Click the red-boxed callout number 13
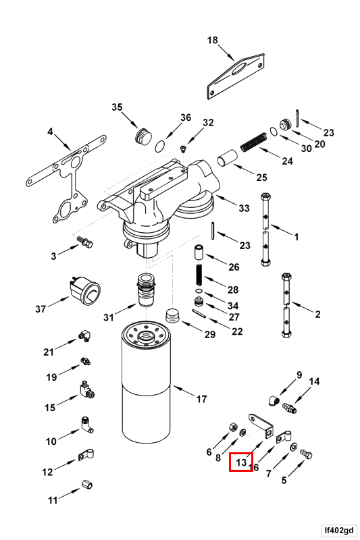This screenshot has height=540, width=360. pos(241,462)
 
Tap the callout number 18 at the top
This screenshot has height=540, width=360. pos(212,40)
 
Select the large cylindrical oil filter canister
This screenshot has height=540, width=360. pos(146,383)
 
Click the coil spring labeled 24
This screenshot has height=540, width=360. pos(253,142)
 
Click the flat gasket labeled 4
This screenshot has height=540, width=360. pos(67,178)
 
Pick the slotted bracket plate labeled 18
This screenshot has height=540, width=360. pos(236,76)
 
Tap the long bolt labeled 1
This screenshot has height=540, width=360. pos(265,230)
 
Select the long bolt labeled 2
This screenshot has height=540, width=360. pos(286,305)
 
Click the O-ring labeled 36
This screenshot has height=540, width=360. pos(159,146)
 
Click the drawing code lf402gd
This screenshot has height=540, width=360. pos(339,530)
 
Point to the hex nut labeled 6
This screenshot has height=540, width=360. pos(232,427)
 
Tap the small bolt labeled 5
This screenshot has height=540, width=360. pos(306,454)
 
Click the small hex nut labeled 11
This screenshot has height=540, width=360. pos(87,485)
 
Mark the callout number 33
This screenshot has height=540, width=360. pos(244,208)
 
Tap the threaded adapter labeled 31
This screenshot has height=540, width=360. pos(146,290)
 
